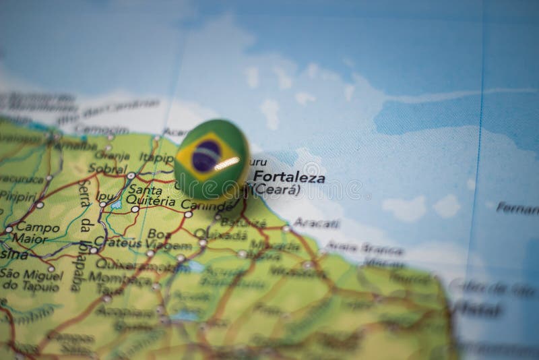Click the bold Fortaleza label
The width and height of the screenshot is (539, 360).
(x=289, y=179)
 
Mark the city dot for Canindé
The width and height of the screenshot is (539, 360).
(x=188, y=214)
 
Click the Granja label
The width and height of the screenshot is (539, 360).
(x=113, y=154)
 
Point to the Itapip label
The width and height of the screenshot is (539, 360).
(x=156, y=157)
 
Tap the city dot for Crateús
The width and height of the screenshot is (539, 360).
(x=93, y=250)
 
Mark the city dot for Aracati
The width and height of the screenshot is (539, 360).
(x=286, y=229)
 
